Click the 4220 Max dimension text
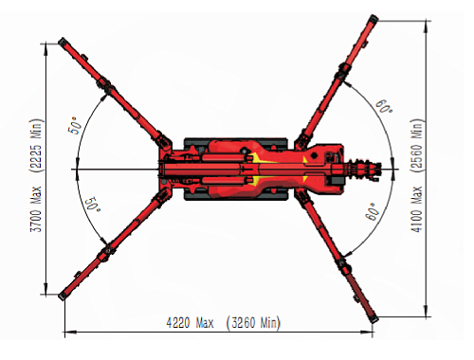tap(190, 323)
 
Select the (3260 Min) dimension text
tap(253, 323)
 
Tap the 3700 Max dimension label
tap(36, 209)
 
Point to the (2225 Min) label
tap(36, 145)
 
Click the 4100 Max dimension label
tap(416, 209)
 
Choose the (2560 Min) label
tap(416, 145)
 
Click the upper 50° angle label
tap(75, 125)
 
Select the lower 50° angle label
tap(93, 205)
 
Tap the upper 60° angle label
tap(384, 106)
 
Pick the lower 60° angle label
tap(373, 211)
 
